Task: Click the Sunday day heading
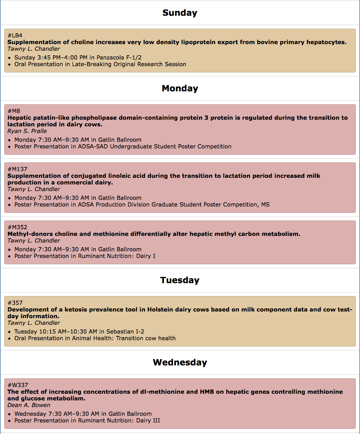[180, 13]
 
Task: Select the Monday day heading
[180, 89]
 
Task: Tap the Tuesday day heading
[180, 280]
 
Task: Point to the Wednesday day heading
[180, 363]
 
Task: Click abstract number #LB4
[15, 35]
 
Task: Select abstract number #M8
[14, 111]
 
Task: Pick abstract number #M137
[18, 169]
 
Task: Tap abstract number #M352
[18, 227]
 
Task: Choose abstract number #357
[15, 303]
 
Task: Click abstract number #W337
[18, 385]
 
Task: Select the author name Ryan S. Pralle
[27, 131]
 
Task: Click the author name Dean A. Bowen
[29, 405]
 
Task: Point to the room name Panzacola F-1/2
[119, 58]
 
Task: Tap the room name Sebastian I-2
[125, 332]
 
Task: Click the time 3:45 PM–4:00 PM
[63, 58]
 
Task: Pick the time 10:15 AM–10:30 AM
[68, 332]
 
